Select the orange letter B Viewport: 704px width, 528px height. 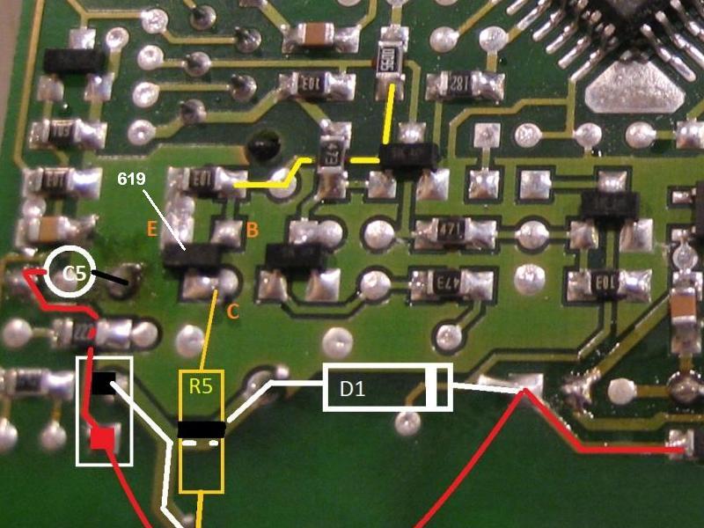252,231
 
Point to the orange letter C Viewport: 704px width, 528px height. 231,310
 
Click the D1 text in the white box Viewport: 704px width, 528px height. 353,388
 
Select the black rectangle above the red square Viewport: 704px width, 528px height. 103,384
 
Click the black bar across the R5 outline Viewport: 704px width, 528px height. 202,429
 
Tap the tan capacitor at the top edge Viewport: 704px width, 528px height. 307,34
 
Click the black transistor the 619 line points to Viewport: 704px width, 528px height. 193,255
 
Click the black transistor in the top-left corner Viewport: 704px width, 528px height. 75,59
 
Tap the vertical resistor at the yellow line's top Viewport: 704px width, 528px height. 387,61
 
